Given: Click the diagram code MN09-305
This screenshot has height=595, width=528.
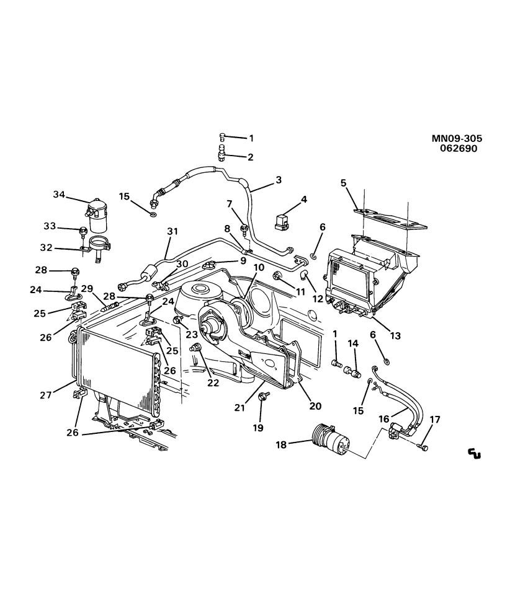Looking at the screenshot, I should tap(457, 139).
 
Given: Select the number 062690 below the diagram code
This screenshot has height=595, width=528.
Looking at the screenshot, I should tap(459, 149).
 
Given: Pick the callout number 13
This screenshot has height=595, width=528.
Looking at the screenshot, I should tap(395, 336).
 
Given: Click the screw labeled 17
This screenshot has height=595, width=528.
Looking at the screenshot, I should tap(423, 447).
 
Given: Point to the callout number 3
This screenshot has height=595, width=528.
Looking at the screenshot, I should tap(278, 180).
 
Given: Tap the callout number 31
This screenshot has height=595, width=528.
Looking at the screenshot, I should tap(172, 232).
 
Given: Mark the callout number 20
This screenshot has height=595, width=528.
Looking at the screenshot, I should tap(315, 406).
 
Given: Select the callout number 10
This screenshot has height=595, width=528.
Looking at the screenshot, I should tap(258, 267).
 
